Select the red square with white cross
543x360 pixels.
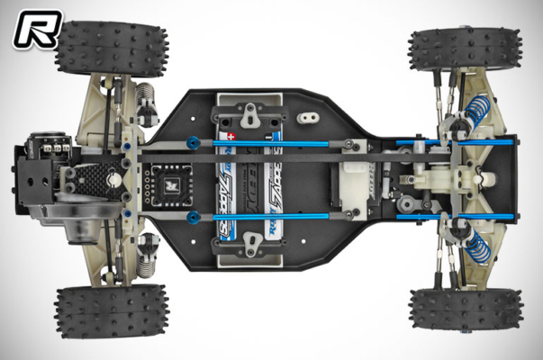(230, 133)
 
